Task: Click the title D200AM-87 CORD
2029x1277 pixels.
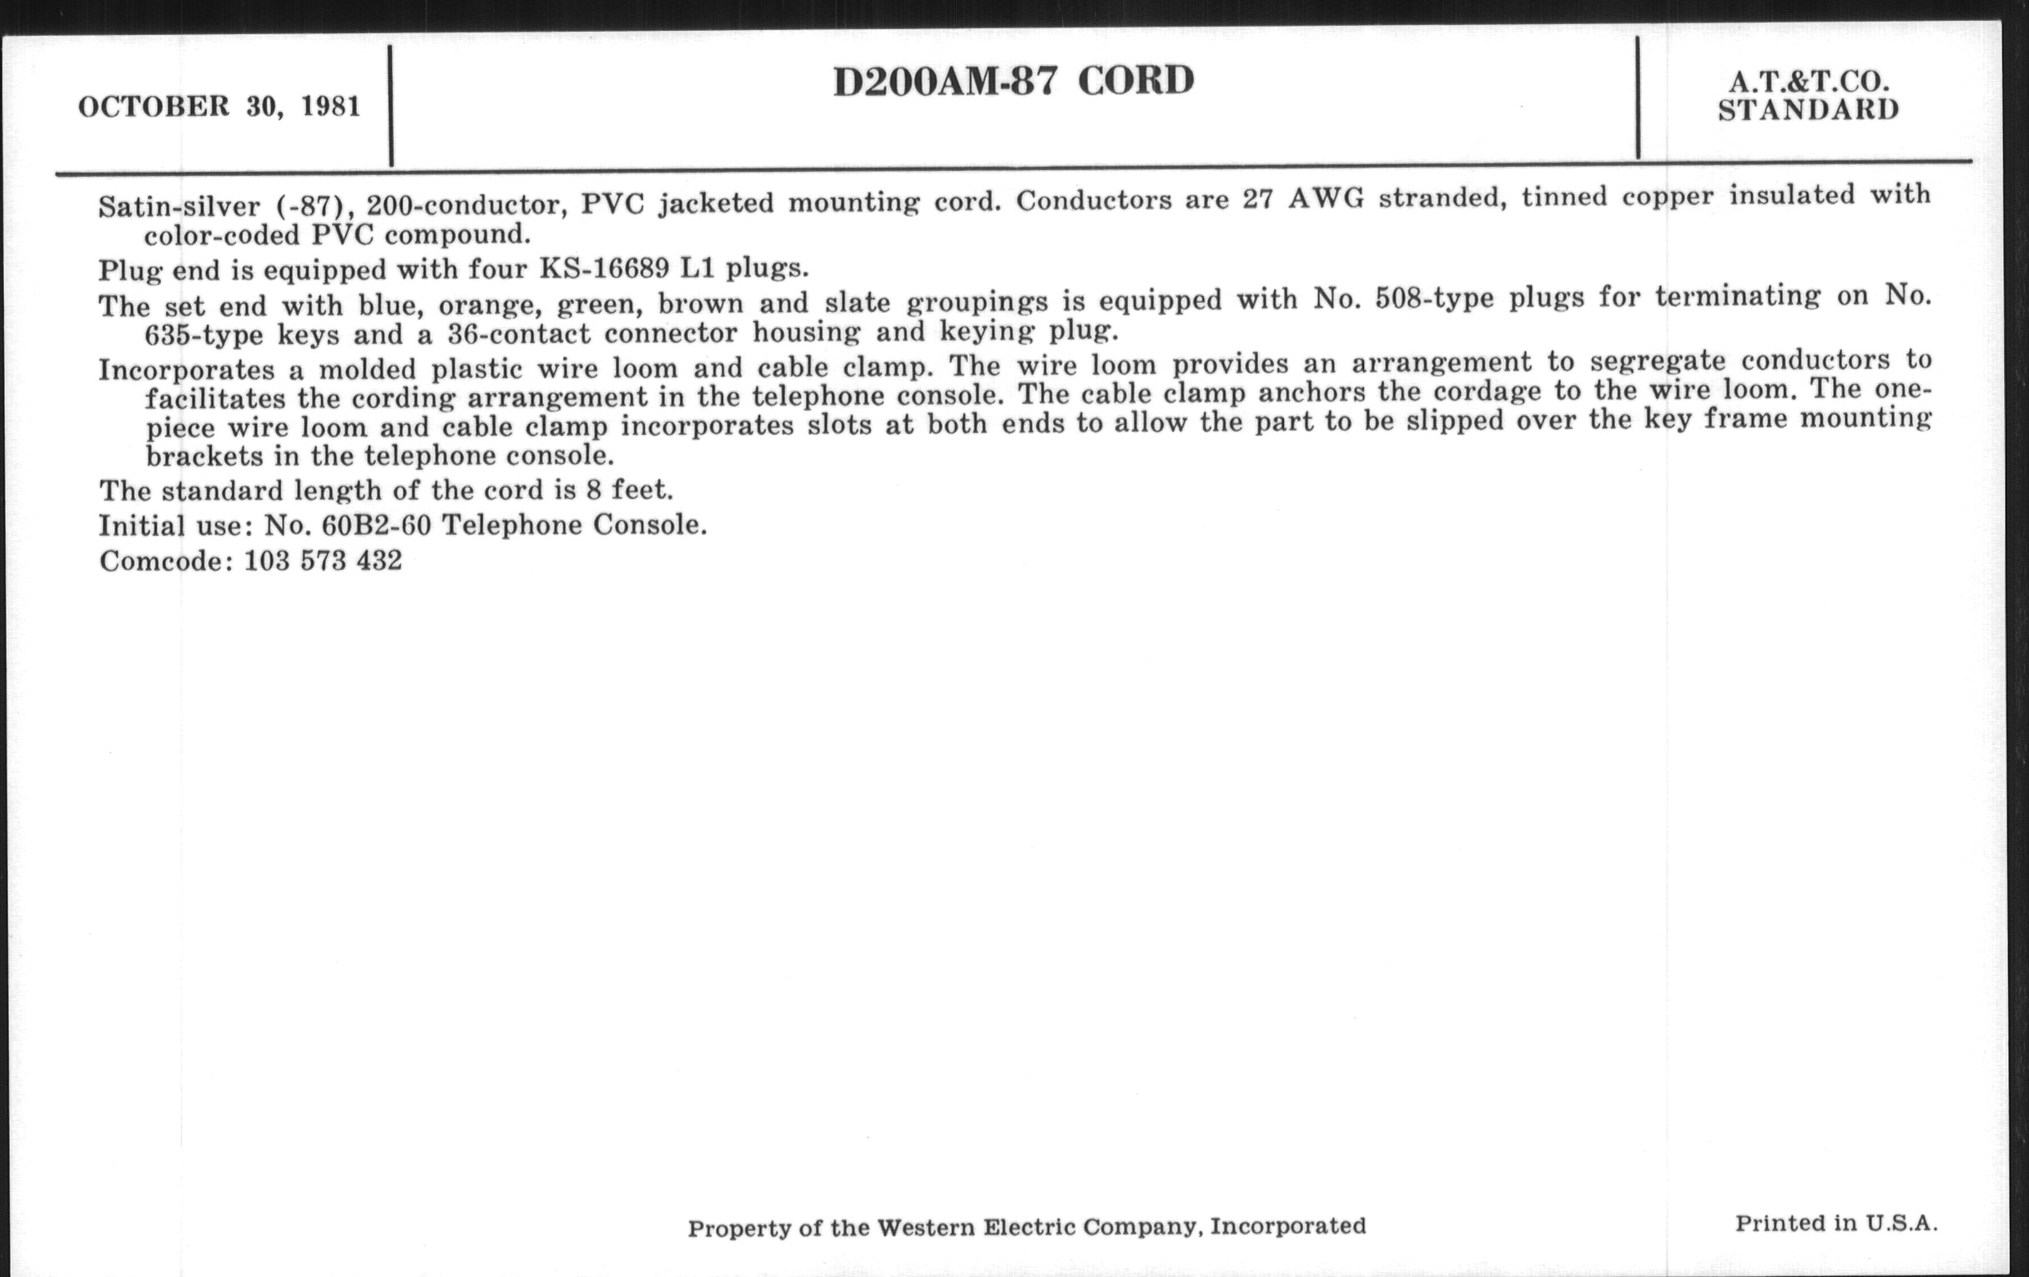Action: tap(1013, 82)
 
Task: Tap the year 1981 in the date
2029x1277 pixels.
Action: tap(331, 107)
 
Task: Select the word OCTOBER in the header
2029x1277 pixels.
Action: tap(154, 107)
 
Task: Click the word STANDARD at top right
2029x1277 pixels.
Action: tap(1808, 109)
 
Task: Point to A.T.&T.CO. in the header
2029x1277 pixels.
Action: tap(1808, 82)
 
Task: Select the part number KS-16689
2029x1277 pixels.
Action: tap(603, 268)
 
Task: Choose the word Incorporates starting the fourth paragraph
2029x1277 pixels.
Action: tap(186, 369)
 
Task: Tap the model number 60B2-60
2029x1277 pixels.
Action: tap(375, 525)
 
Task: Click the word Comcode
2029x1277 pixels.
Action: tap(165, 561)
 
